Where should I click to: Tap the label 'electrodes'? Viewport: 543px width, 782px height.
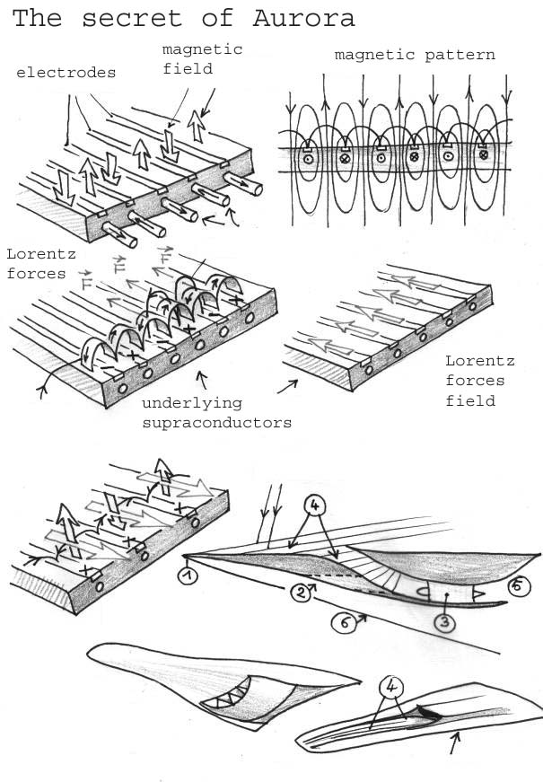[66, 73]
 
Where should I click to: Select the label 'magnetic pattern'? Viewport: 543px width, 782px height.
[415, 55]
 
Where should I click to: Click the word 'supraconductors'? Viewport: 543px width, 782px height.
[216, 422]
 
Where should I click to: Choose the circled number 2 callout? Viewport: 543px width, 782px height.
[304, 591]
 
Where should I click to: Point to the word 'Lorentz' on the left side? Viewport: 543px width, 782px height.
[34, 256]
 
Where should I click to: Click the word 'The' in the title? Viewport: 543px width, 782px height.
[38, 18]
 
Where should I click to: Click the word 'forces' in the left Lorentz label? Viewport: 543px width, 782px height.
[36, 274]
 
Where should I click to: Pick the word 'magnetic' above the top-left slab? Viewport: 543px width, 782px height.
[202, 49]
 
